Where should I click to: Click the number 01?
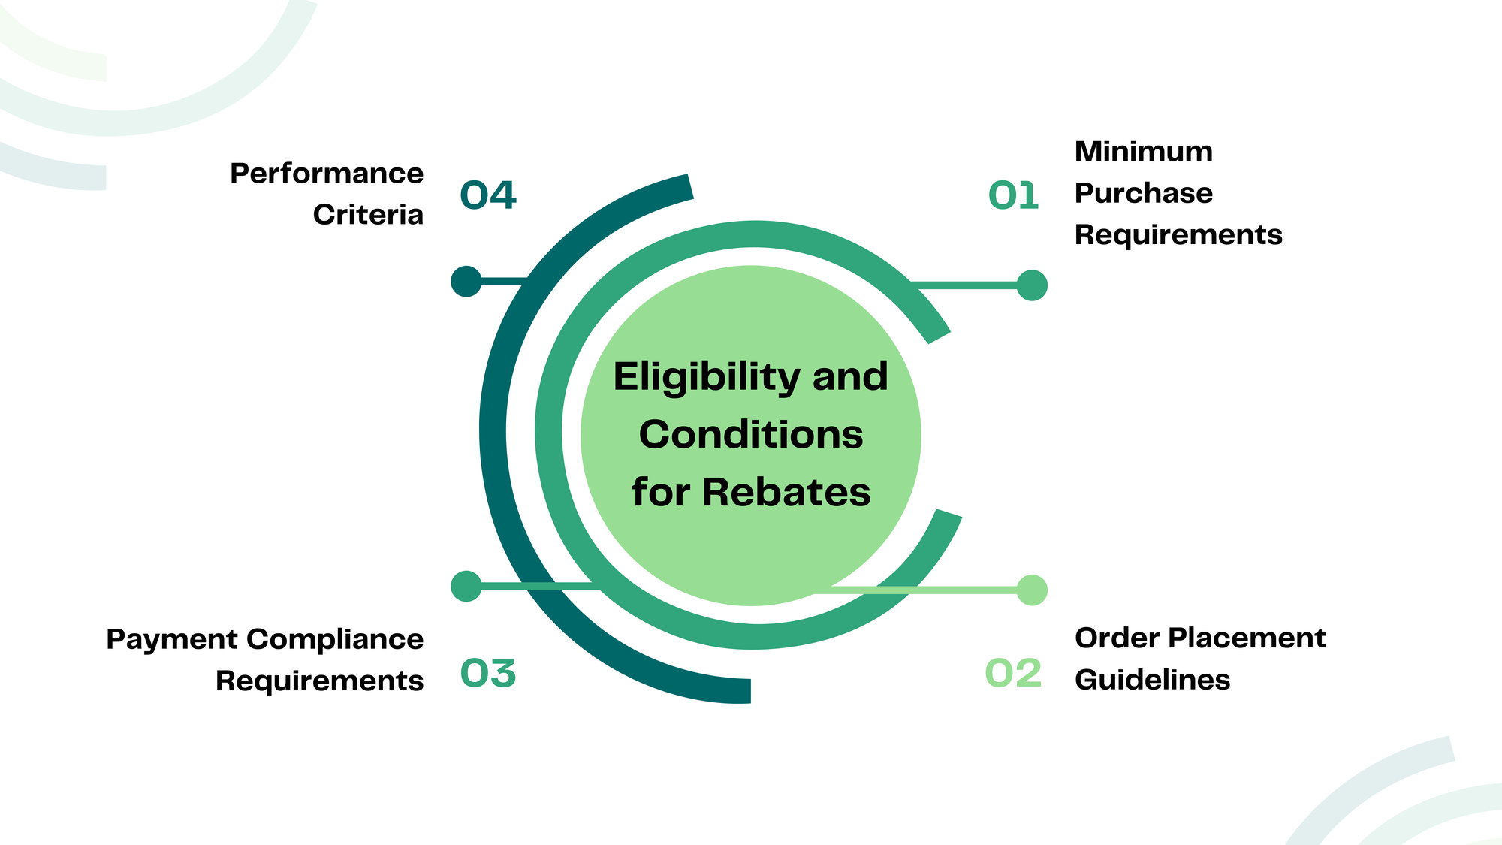click(1013, 196)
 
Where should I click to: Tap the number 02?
click(1013, 673)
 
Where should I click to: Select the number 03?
click(488, 673)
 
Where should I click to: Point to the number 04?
click(488, 196)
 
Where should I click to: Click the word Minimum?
click(1143, 152)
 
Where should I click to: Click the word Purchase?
click(1143, 194)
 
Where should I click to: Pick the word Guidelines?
click(1152, 680)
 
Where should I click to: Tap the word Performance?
click(327, 174)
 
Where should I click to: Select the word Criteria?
click(368, 215)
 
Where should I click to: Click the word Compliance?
click(335, 639)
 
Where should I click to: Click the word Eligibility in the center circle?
click(706, 376)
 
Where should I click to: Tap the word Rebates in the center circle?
click(786, 493)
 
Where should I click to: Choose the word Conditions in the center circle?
click(751, 435)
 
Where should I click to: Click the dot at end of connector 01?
click(1032, 285)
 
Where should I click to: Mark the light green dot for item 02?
click(1032, 590)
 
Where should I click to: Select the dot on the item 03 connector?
click(466, 586)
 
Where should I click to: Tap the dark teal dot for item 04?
click(466, 281)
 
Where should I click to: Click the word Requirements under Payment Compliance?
click(319, 681)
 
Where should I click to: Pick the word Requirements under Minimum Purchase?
click(1178, 235)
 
